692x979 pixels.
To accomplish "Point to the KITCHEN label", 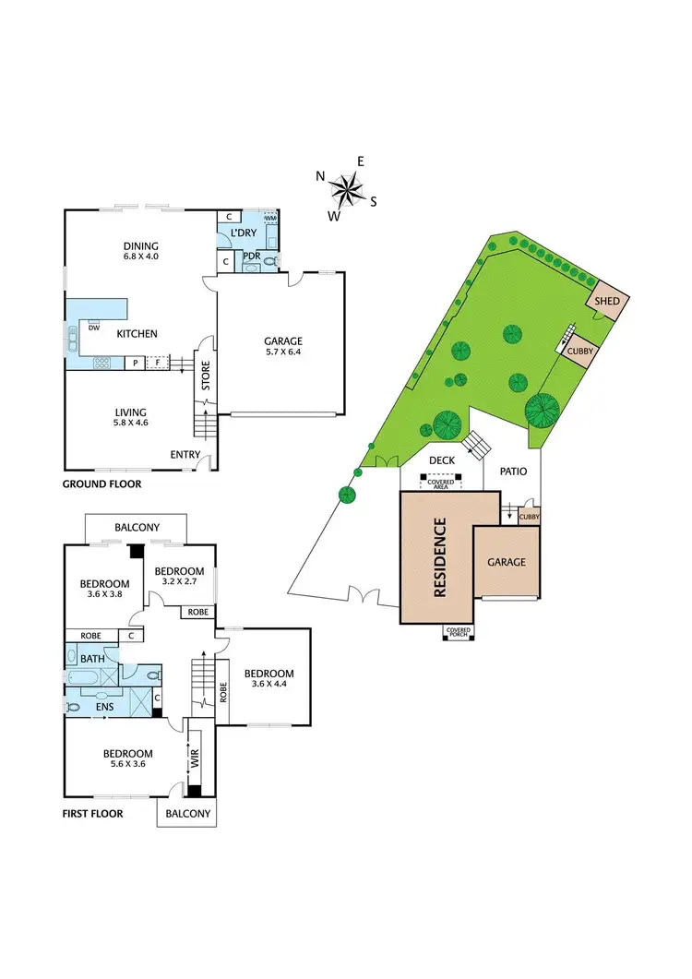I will tap(137, 334).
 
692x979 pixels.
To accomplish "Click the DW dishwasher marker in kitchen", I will tap(93, 327).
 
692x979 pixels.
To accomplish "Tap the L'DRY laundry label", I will tap(245, 233).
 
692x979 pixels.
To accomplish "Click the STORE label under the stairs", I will tap(207, 379).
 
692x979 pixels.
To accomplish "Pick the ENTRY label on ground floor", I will tap(185, 454).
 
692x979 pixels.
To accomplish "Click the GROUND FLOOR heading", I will tap(101, 484).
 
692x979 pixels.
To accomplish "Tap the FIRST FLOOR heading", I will tap(93, 814).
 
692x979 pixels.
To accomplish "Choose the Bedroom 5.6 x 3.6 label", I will tap(125, 758).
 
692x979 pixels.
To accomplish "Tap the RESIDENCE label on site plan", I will tap(439, 558).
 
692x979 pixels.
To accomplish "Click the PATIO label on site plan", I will tap(513, 472).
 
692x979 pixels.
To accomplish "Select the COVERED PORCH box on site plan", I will tap(459, 632).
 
